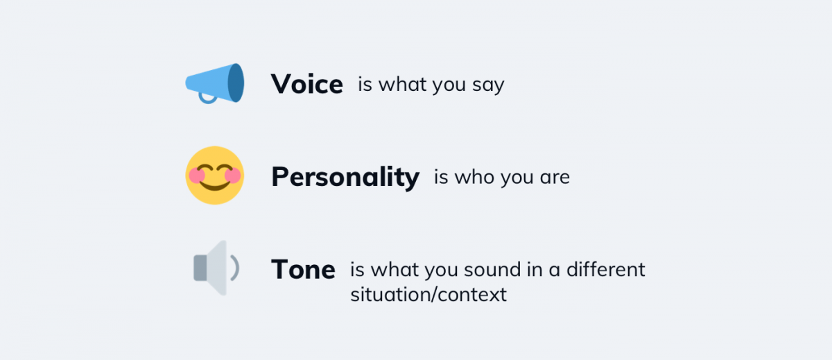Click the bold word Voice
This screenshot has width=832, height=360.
(306, 85)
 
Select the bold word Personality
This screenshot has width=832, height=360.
(345, 178)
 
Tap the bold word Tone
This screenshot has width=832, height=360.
(303, 270)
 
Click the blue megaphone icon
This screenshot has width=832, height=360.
(214, 83)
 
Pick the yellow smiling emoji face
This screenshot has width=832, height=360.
(214, 175)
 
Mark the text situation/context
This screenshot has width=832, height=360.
(428, 294)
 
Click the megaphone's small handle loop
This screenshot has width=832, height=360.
(207, 98)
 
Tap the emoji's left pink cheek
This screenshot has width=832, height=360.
(197, 175)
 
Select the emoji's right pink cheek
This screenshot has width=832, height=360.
(233, 175)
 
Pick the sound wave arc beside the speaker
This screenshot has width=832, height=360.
(236, 268)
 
